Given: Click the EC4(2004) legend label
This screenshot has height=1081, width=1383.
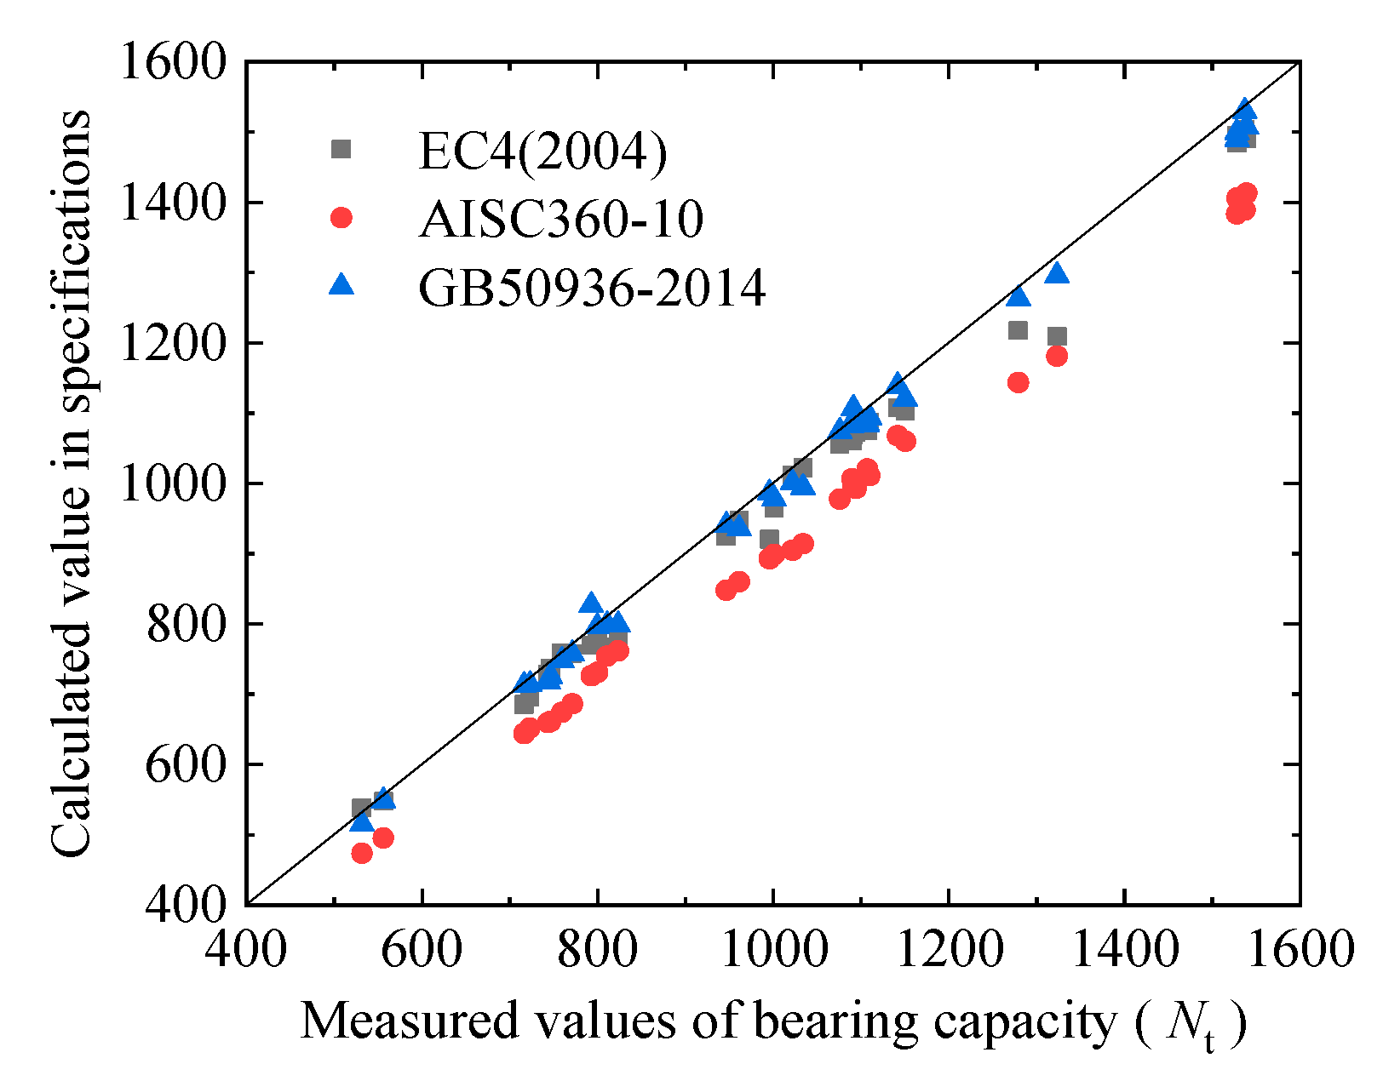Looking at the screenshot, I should tap(542, 152).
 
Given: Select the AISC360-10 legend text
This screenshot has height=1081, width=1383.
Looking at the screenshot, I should tap(561, 220).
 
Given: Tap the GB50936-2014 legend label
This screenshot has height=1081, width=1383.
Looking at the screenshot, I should tap(592, 288).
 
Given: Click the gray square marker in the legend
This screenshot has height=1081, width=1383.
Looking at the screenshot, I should tap(341, 149).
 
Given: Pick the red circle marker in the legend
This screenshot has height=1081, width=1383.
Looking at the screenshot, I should tap(341, 218).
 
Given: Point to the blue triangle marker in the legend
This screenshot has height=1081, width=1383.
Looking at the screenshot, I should tap(341, 284).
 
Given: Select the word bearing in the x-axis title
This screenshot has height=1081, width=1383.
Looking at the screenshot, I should tap(835, 1021).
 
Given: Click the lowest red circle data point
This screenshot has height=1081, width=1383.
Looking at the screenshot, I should tap(362, 853).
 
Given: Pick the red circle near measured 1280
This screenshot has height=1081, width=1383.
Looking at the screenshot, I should tap(1018, 382).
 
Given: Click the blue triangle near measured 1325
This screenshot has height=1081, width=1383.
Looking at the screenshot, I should tap(1057, 273).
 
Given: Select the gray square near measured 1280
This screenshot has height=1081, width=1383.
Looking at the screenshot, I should tap(1018, 329).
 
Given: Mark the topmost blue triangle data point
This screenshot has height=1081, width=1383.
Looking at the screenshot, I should tap(1245, 109).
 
